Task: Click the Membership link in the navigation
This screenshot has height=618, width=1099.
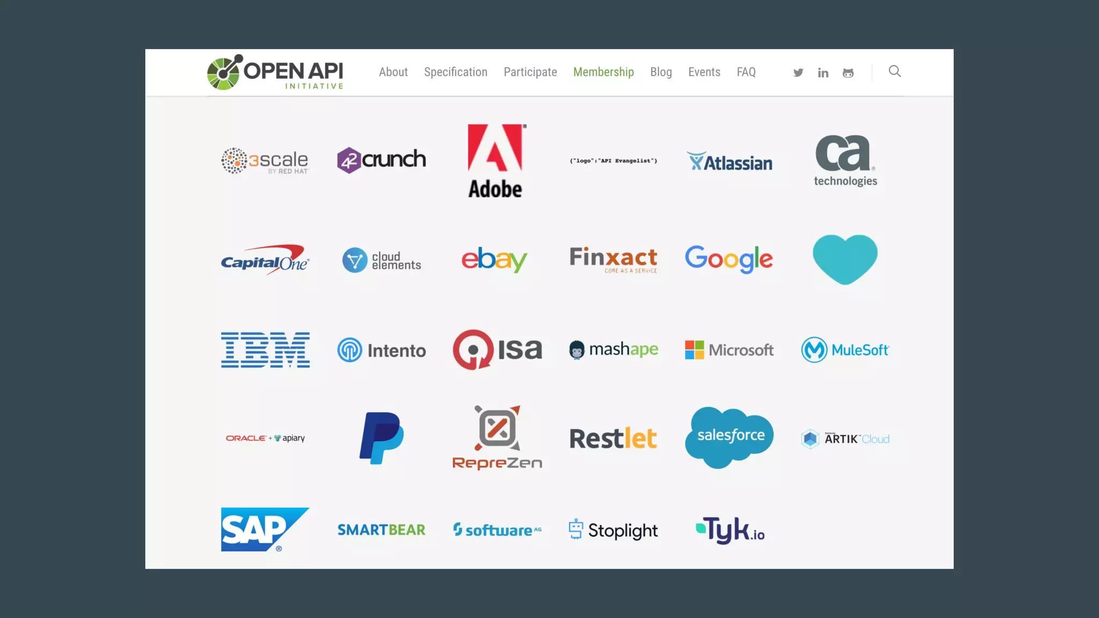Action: pos(603,72)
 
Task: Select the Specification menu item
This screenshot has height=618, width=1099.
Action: pos(456,72)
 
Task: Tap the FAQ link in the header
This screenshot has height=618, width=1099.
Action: pos(746,72)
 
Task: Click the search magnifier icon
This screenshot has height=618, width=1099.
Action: pos(895,71)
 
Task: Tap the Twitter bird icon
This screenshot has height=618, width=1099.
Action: pos(798,73)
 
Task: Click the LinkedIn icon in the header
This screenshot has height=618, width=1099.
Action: pos(823,73)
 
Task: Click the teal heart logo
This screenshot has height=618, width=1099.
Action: pos(845,259)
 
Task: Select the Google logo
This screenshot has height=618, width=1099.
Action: pos(729,259)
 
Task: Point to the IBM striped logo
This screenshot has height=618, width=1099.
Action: pos(265,350)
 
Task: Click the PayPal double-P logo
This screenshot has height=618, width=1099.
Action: pos(382,438)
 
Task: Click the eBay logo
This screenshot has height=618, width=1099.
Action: pos(494,260)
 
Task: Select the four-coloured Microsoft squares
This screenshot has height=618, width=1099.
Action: pos(694,350)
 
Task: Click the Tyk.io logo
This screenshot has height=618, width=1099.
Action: pos(730,530)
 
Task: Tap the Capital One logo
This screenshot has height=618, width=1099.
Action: pos(265,260)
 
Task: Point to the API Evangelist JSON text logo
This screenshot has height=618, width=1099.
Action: pos(613,161)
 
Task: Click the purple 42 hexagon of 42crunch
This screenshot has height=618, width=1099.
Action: pos(349,160)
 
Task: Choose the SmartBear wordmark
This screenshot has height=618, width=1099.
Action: pos(381,530)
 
